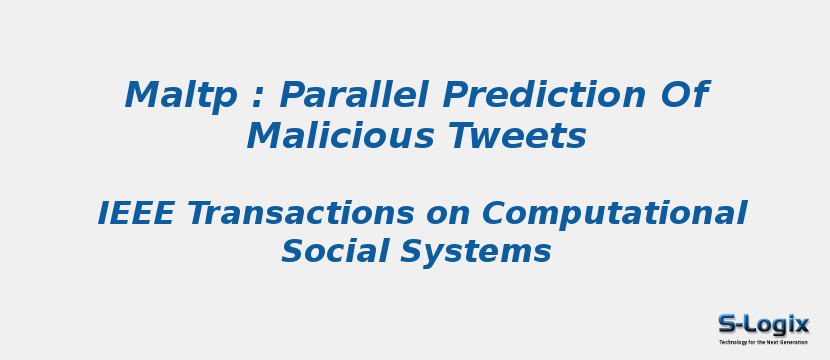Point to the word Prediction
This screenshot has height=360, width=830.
544,94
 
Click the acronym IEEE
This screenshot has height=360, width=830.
136,213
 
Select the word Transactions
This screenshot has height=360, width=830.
301,213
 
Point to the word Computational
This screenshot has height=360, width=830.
615,215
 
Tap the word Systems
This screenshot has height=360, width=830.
476,252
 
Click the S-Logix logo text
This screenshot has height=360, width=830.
763,324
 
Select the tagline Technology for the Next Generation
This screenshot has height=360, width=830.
763,342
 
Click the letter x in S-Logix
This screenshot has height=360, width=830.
801,324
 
